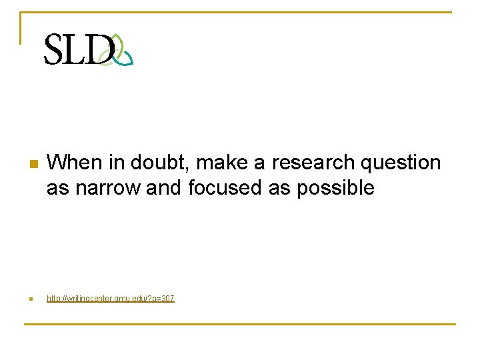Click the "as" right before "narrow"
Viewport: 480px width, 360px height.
(x=57, y=189)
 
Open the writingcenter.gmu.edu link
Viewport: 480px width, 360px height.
(x=110, y=299)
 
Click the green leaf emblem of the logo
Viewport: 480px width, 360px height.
(x=120, y=50)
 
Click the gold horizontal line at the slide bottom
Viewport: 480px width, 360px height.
(x=240, y=325)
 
